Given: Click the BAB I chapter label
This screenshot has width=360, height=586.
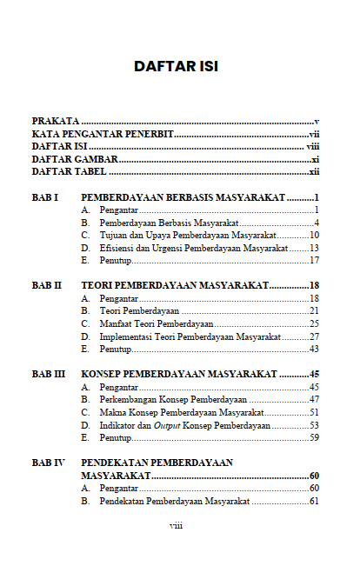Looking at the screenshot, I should tap(44, 198).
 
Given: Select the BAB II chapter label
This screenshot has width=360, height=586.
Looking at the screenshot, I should tap(46, 285).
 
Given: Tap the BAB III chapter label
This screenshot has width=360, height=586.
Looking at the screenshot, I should tap(48, 374).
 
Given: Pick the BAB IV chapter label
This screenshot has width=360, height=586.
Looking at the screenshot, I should tap(48, 463).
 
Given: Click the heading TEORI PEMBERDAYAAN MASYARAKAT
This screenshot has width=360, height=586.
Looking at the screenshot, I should tap(174, 285).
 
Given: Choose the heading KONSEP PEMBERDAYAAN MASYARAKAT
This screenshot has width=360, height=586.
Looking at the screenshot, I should tap(179, 374).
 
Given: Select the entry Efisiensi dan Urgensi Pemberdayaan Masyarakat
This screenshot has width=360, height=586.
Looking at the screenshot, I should tap(194, 248).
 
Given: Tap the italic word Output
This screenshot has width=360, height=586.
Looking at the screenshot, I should tap(167, 425).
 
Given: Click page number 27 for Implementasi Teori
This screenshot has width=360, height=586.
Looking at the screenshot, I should tap(314, 336).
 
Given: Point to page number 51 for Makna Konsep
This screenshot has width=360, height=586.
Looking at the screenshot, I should tap(314, 412).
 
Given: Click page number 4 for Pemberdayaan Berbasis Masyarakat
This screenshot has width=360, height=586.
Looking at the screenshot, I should tap(317, 223).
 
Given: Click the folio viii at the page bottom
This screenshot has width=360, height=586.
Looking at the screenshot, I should tap(176, 526).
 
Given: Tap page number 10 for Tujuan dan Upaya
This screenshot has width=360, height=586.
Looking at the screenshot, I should tap(314, 236).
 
